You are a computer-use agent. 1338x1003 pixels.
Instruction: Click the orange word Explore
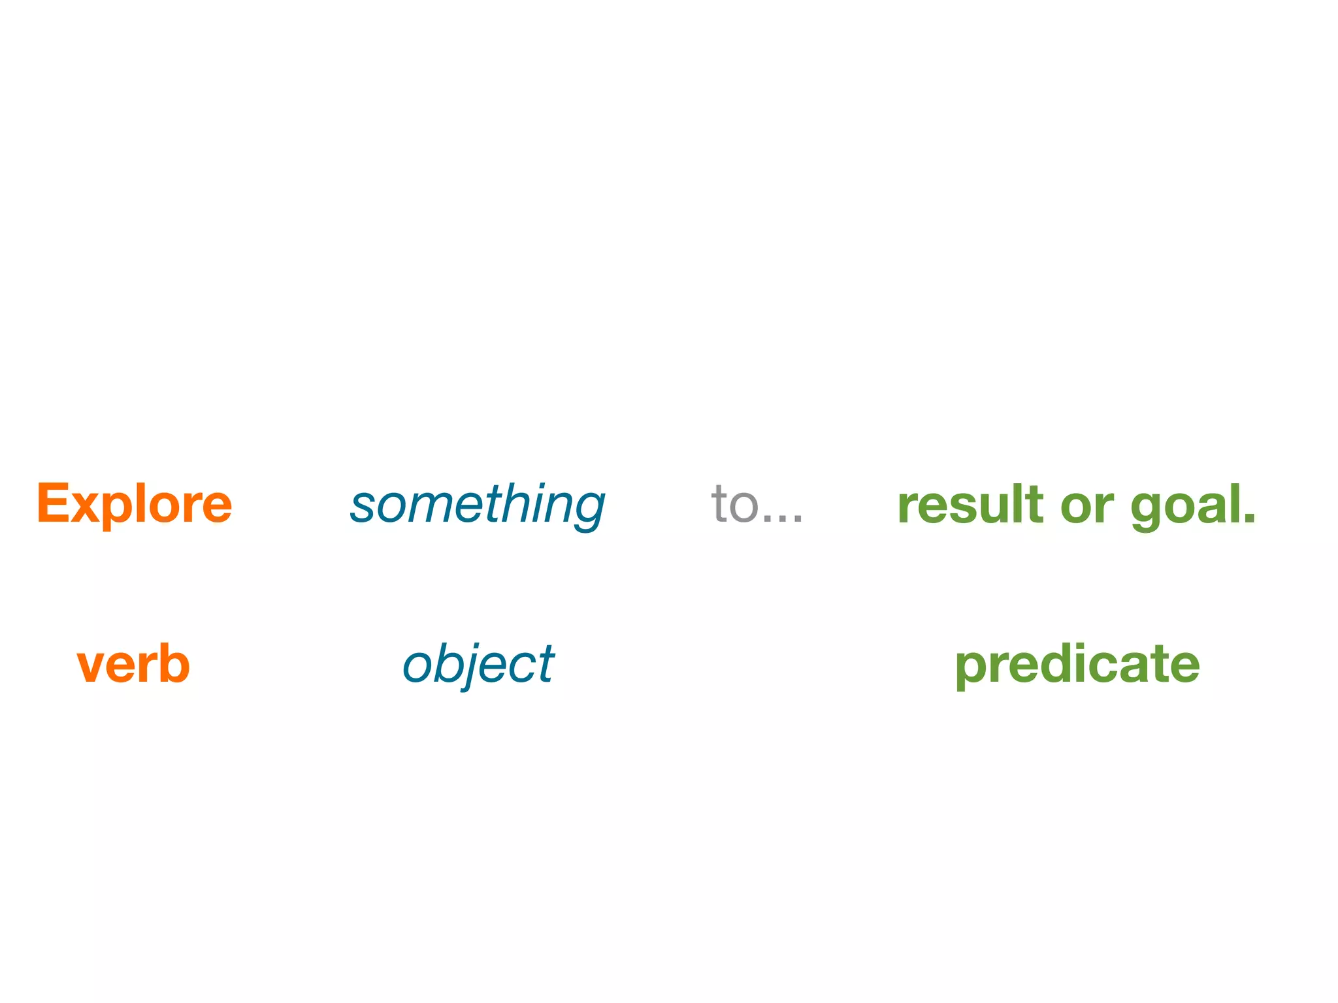[134, 503]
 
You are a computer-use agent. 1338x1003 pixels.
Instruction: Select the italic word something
[478, 505]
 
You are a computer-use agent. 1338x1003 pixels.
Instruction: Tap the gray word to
[734, 504]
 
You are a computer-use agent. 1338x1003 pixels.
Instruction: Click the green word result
[970, 504]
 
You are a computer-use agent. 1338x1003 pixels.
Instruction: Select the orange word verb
[133, 664]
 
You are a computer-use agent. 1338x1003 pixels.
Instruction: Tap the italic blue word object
[478, 665]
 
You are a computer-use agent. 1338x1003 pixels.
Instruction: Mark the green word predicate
[1077, 665]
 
